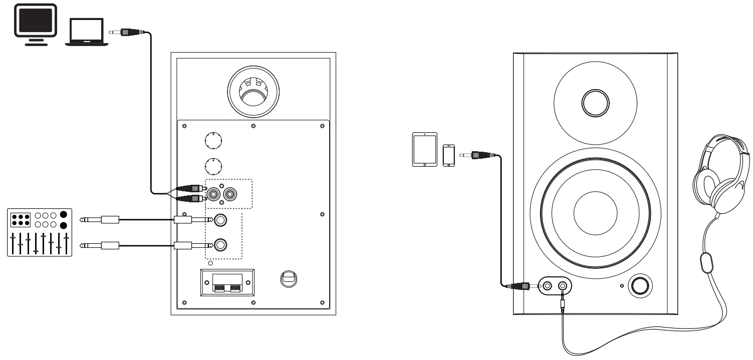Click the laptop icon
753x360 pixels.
tap(86, 32)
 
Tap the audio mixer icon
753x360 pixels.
tap(40, 233)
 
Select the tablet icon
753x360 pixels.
tap(424, 149)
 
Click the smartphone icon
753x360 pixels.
tap(448, 155)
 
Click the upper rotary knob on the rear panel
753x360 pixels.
tap(213, 141)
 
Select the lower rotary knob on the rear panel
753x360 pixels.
tap(213, 165)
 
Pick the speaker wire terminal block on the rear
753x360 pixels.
tap(228, 283)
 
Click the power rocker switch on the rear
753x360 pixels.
tap(288, 278)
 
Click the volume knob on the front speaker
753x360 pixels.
tap(640, 286)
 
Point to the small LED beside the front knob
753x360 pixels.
tap(622, 286)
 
